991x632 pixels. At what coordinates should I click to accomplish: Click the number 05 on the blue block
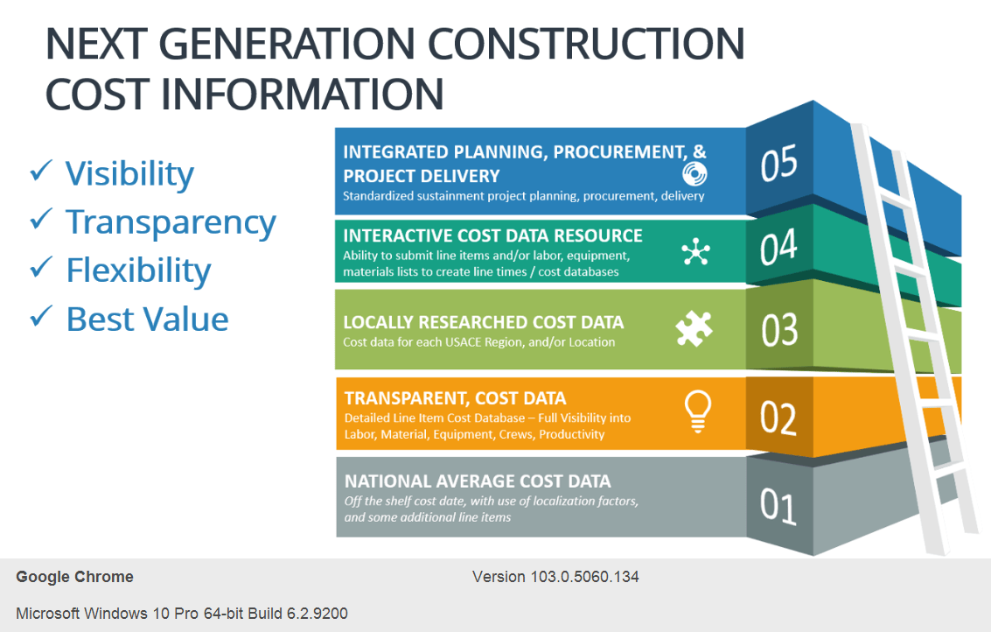(778, 165)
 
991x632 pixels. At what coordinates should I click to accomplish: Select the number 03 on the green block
(778, 329)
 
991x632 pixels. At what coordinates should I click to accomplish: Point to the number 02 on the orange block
(778, 417)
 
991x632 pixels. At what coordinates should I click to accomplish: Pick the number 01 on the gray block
(778, 505)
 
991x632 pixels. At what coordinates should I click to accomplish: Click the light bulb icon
(697, 411)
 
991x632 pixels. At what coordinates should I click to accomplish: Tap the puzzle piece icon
(694, 329)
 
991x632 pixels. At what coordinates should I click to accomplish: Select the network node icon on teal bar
(695, 253)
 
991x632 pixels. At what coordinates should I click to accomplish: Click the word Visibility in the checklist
(129, 173)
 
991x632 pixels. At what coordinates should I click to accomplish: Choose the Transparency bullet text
(171, 222)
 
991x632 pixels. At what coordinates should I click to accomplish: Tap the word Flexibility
(138, 270)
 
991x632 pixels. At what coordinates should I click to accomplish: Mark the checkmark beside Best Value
(41, 316)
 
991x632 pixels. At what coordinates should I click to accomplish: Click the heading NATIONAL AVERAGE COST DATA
(478, 481)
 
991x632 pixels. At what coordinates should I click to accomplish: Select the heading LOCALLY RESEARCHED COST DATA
(483, 322)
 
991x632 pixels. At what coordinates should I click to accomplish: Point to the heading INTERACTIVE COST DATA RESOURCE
(492, 235)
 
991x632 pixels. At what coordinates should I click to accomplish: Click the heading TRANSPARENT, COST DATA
(455, 398)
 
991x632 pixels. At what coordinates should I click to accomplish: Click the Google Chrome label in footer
(74, 577)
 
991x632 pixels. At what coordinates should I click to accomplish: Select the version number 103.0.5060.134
(587, 577)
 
